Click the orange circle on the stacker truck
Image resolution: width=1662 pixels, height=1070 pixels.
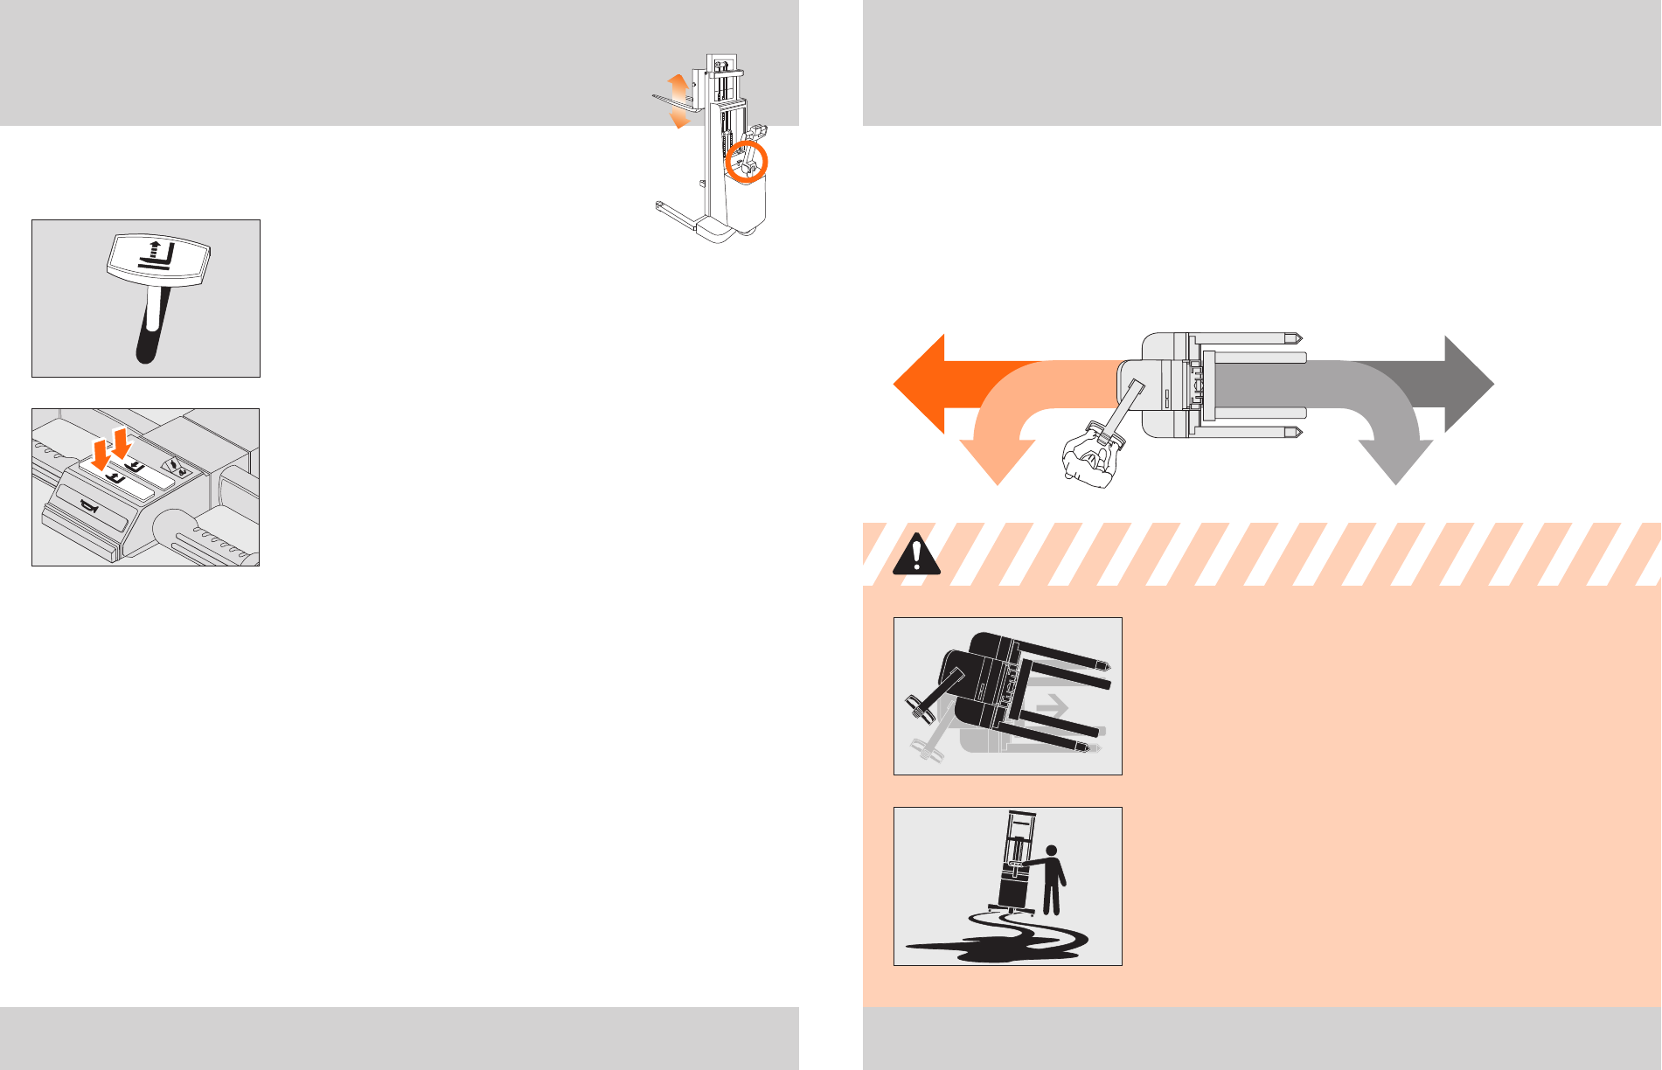748,162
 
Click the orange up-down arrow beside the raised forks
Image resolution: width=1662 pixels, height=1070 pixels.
678,101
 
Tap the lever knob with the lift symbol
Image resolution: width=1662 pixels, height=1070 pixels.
158,258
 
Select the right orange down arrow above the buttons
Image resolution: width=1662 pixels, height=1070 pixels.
121,442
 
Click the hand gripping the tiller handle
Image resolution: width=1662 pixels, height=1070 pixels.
1088,454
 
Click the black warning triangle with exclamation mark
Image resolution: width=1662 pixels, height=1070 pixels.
916,554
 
